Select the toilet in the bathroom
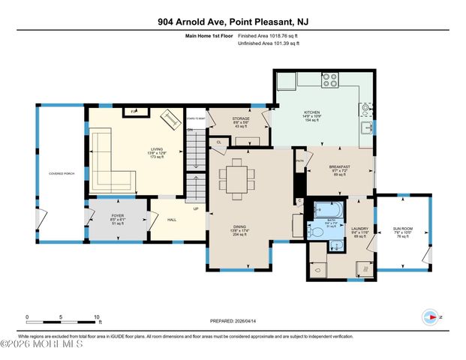pos(317,232)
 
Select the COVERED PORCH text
pos(61,173)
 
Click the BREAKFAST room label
pos(340,166)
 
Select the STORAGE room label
pos(240,118)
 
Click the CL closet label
pos(218,142)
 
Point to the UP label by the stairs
pos(197,208)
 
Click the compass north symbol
pos(432,317)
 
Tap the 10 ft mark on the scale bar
pos(96,317)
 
